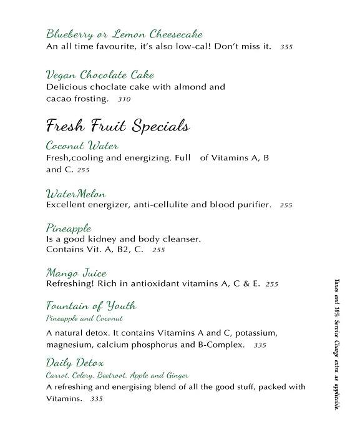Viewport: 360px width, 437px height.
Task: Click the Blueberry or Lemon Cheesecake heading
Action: pos(124,34)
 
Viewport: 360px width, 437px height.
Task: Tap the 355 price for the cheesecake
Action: pos(286,47)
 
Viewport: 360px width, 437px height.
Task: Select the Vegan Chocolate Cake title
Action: pos(100,75)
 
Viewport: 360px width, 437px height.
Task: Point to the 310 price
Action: pos(124,99)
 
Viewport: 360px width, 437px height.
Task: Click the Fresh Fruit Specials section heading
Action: pos(117,125)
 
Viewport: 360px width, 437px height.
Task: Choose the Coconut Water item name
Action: pos(82,145)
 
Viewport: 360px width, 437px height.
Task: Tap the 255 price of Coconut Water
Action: pos(84,170)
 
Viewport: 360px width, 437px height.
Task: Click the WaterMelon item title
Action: pos(76,193)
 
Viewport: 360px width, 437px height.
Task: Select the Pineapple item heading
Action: pos(69,227)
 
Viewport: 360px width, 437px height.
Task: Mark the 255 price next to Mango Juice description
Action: pos(272,284)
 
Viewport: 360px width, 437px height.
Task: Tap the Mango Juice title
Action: pos(76,273)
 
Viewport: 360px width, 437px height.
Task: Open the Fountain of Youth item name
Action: pos(91,306)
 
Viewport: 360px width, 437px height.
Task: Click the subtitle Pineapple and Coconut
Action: pos(79,318)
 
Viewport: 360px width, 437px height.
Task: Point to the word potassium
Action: pos(255,333)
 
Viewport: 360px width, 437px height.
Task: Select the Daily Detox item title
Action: pos(75,363)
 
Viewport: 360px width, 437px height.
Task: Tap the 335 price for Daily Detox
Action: pos(96,399)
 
